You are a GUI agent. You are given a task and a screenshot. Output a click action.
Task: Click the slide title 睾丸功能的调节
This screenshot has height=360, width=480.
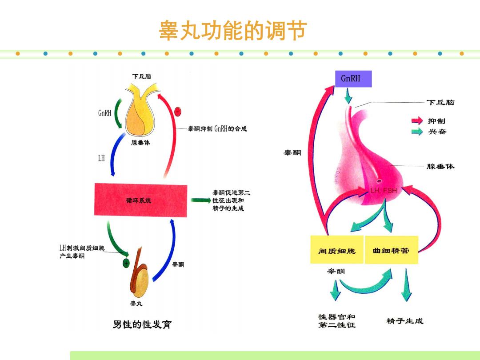232,31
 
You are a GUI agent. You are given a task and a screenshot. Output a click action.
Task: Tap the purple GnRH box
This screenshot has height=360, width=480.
353,79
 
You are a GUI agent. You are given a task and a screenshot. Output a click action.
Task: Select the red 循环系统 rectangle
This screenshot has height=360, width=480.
140,200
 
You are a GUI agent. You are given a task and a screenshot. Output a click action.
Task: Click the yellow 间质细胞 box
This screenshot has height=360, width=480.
337,249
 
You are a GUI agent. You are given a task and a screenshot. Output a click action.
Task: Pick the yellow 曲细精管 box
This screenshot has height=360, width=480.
392,250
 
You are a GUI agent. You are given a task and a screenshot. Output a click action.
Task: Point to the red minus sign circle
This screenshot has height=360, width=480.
178,112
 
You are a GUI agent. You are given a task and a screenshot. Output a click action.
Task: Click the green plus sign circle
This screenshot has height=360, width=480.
126,263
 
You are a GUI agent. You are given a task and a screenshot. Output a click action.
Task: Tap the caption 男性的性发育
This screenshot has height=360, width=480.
142,324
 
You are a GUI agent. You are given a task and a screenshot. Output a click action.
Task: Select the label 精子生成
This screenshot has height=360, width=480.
405,321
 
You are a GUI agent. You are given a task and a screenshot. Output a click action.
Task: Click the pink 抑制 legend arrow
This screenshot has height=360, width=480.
417,120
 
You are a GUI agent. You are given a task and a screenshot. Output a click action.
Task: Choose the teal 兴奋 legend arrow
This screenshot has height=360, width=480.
417,132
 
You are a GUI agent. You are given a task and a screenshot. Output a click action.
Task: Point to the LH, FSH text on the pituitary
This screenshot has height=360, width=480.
383,190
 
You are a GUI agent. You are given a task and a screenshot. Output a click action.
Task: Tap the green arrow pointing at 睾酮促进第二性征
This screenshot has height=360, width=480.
201,200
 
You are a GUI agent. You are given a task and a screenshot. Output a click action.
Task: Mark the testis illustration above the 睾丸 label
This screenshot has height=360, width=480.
139,272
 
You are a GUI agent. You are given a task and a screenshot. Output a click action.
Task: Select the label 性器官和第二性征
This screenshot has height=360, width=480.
337,321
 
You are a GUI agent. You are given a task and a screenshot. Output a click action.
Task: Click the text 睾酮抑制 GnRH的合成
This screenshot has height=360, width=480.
217,128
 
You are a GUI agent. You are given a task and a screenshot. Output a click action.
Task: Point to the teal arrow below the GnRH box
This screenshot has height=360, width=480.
348,96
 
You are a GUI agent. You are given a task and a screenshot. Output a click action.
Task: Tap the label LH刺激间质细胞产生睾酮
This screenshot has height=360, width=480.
82,252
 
